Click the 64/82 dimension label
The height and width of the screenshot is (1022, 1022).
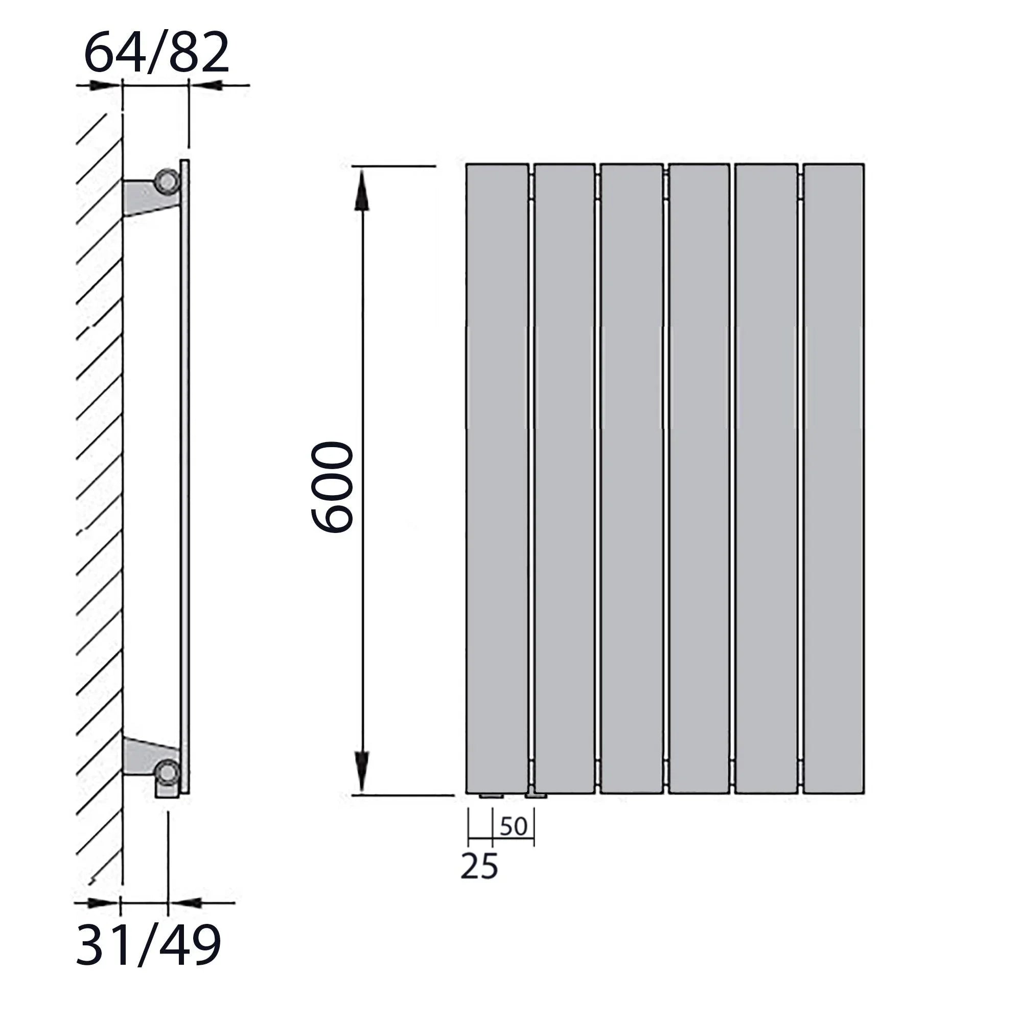pyautogui.click(x=156, y=52)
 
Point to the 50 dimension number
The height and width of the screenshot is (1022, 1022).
pyautogui.click(x=513, y=826)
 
